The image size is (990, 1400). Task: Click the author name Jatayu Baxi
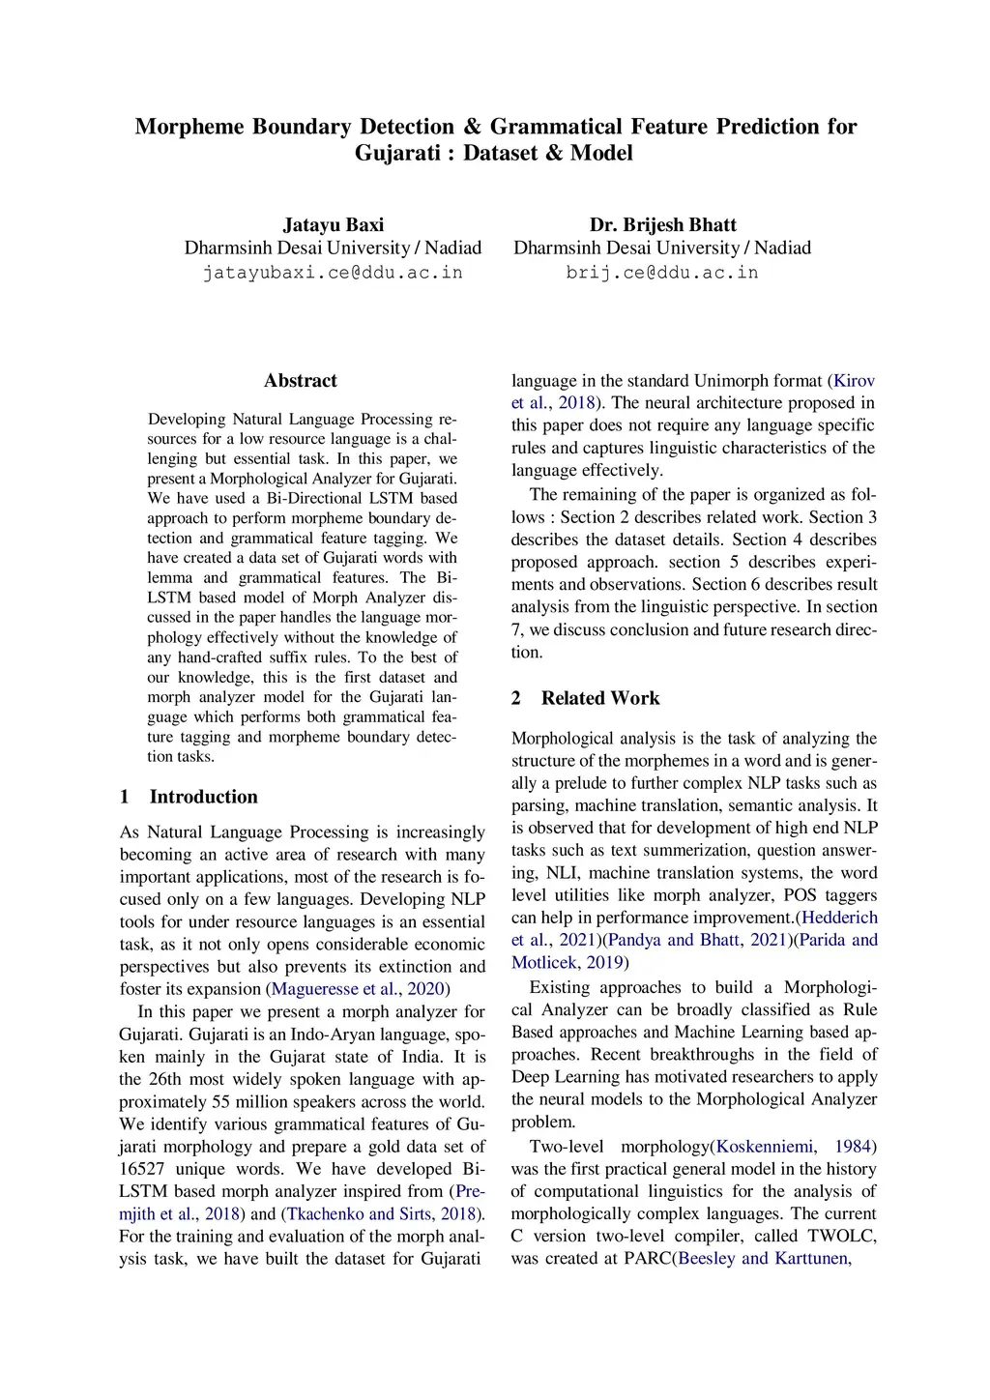(x=333, y=224)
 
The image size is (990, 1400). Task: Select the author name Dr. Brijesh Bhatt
(x=662, y=224)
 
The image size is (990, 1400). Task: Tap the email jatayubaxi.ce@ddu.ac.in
(x=333, y=273)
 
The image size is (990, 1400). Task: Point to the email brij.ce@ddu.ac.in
(x=662, y=273)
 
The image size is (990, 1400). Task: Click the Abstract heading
(x=301, y=381)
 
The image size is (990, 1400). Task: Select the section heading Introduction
(x=203, y=797)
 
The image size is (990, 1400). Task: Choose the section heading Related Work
(x=600, y=698)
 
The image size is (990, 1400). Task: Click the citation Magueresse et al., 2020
(x=358, y=989)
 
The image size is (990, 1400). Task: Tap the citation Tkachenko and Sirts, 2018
(x=381, y=1213)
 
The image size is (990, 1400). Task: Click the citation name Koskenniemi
(x=764, y=1147)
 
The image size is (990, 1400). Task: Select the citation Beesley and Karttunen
(x=763, y=1259)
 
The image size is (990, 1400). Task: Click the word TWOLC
(x=842, y=1237)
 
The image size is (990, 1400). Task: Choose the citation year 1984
(x=853, y=1147)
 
